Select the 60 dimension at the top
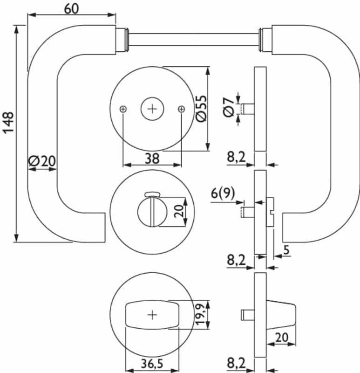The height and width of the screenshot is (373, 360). point(72,8)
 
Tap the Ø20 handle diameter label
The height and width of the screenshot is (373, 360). point(42,161)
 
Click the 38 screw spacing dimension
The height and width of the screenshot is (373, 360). point(152,159)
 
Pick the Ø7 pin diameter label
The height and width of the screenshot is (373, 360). point(229,108)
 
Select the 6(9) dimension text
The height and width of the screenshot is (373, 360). point(223,193)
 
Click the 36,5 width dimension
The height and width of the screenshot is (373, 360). point(152,363)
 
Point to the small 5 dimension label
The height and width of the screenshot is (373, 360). point(286,250)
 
